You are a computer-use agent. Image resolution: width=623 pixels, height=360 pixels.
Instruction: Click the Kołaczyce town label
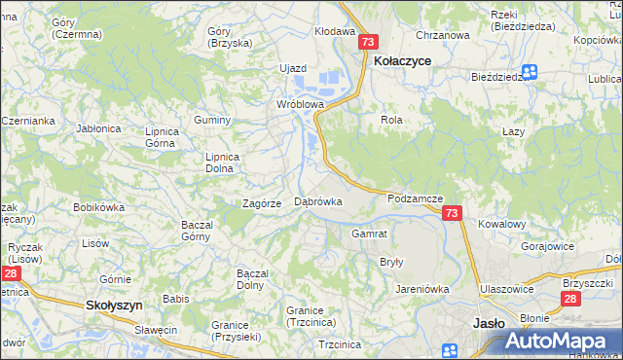pyautogui.click(x=402, y=60)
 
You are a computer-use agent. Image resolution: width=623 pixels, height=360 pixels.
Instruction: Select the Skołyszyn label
pyautogui.click(x=115, y=305)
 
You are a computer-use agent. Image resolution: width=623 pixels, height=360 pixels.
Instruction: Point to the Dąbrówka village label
pyautogui.click(x=317, y=201)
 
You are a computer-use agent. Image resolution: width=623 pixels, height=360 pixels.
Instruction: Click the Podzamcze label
pyautogui.click(x=415, y=198)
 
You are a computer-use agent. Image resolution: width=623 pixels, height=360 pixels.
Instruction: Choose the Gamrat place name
pyautogui.click(x=370, y=234)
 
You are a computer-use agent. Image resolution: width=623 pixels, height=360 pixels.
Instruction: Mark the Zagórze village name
pyautogui.click(x=262, y=203)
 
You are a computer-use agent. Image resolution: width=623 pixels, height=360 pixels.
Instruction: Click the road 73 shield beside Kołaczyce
pyautogui.click(x=367, y=42)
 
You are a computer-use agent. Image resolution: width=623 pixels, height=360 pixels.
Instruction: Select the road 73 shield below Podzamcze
pyautogui.click(x=451, y=212)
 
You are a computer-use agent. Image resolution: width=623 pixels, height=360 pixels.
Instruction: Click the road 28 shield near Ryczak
pyautogui.click(x=9, y=275)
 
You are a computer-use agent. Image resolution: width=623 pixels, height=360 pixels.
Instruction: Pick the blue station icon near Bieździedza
pyautogui.click(x=531, y=71)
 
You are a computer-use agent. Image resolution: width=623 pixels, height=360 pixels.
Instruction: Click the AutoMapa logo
pyautogui.click(x=561, y=341)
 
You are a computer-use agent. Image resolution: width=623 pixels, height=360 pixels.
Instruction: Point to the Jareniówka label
pyautogui.click(x=421, y=289)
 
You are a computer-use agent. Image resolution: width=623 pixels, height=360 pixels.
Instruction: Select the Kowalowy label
pyautogui.click(x=501, y=224)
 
